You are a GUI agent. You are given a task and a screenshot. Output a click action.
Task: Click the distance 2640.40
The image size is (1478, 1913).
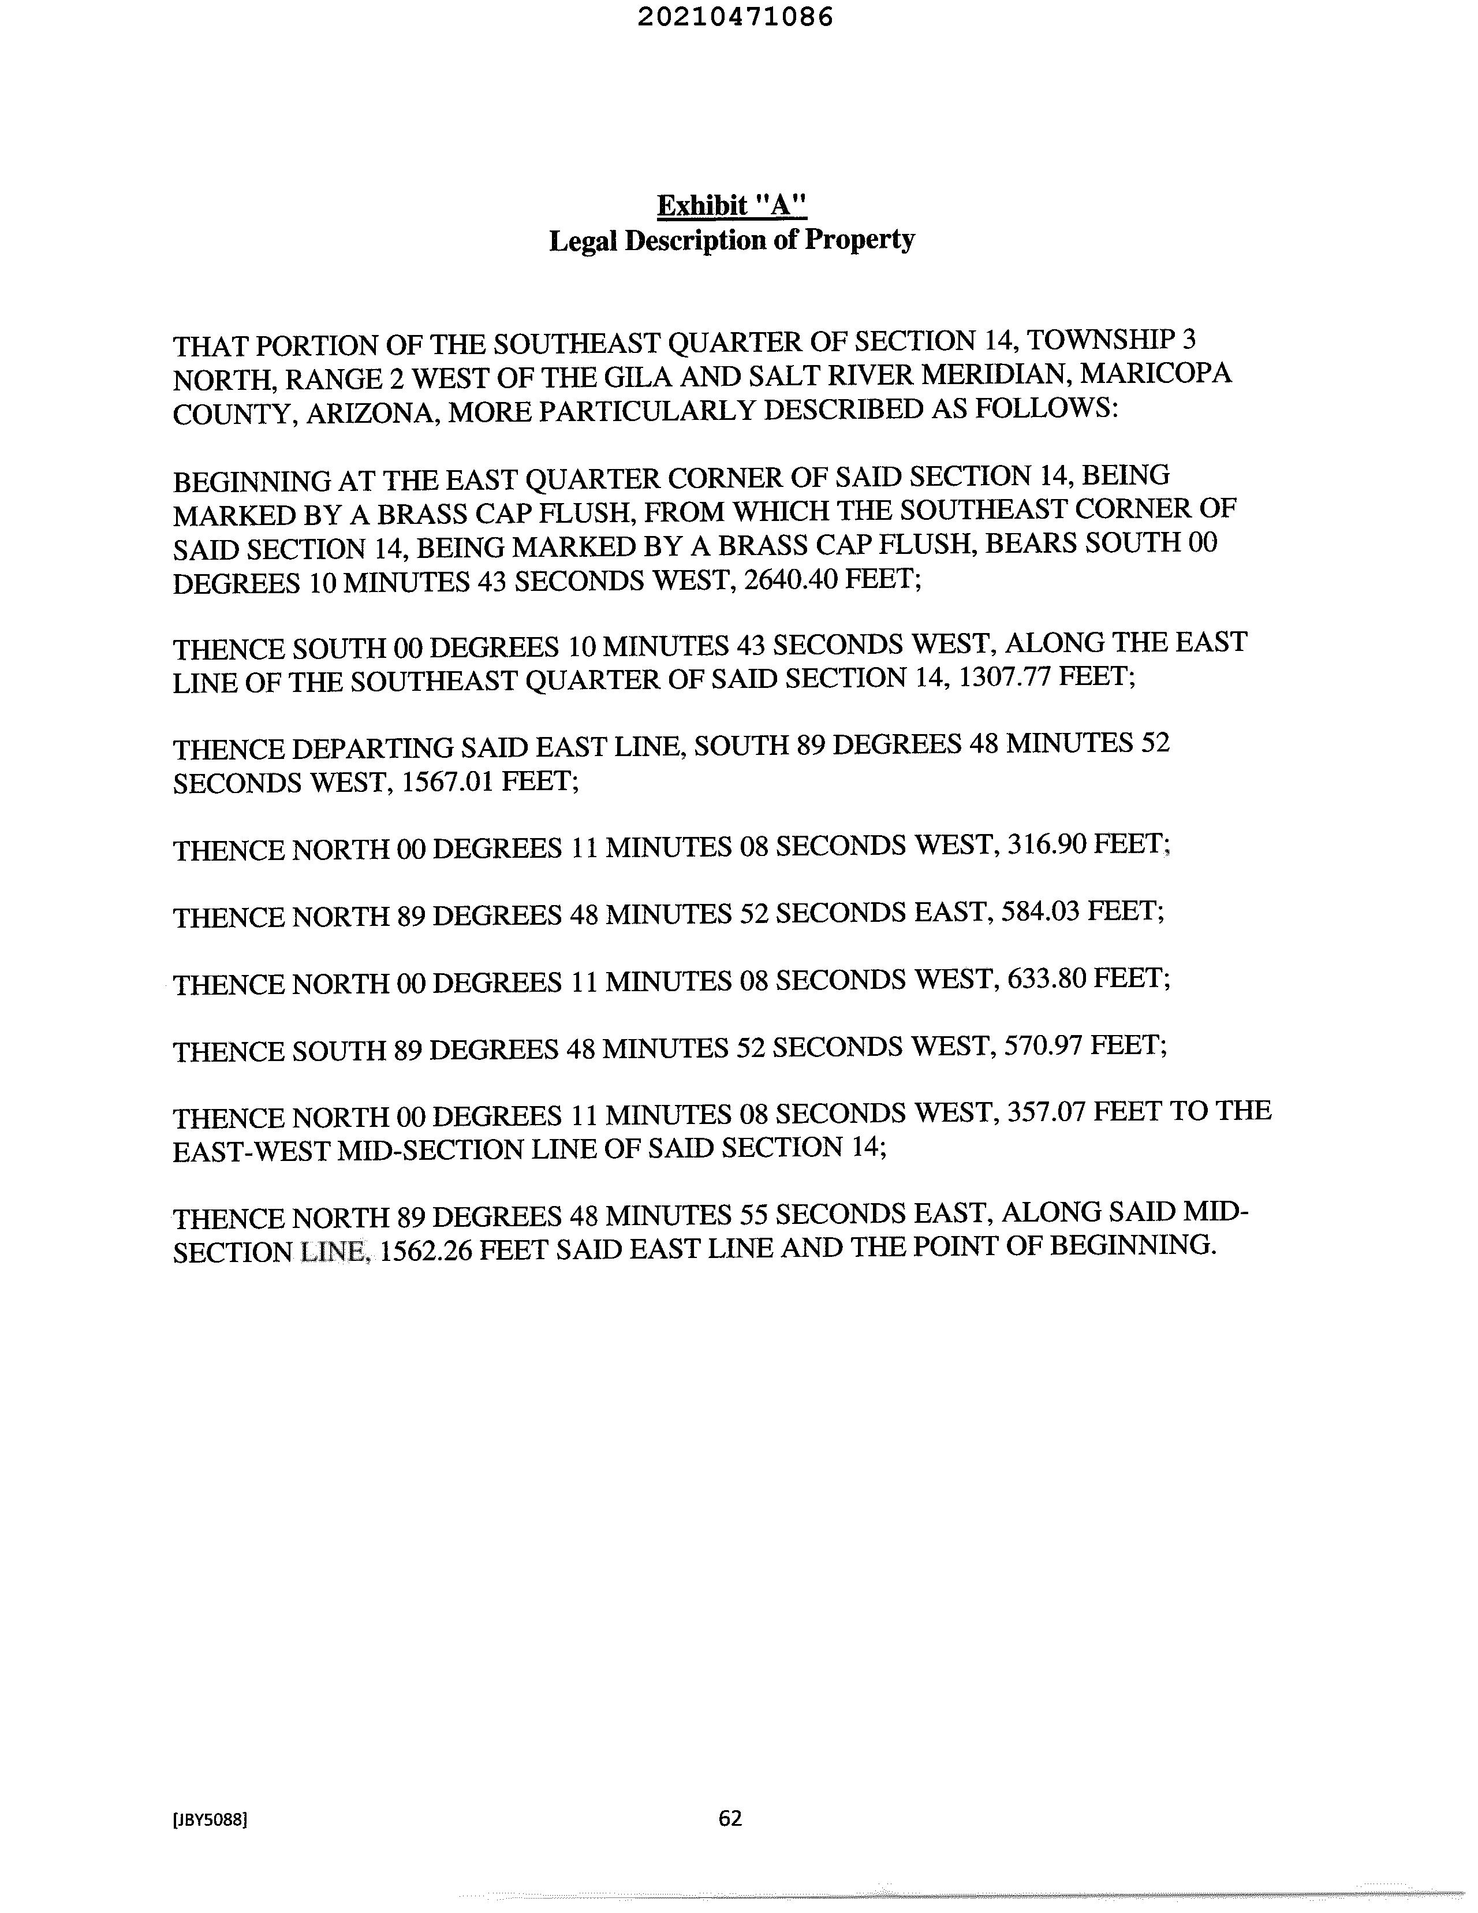coord(790,580)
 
